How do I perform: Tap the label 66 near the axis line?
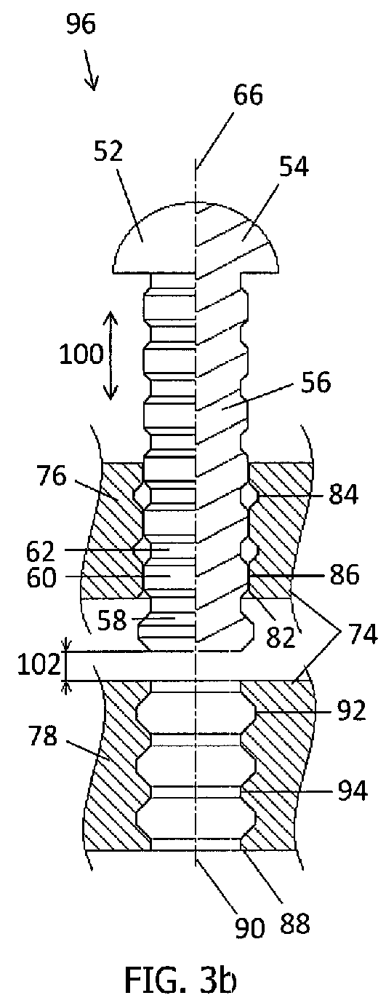pos(247,95)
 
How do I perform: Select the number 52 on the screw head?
pos(108,151)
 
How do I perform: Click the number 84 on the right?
pos(343,494)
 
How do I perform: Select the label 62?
pos(41,551)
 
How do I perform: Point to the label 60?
pos(41,577)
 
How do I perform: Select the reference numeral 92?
pos(350,710)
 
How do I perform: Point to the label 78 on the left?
pos(43,736)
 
